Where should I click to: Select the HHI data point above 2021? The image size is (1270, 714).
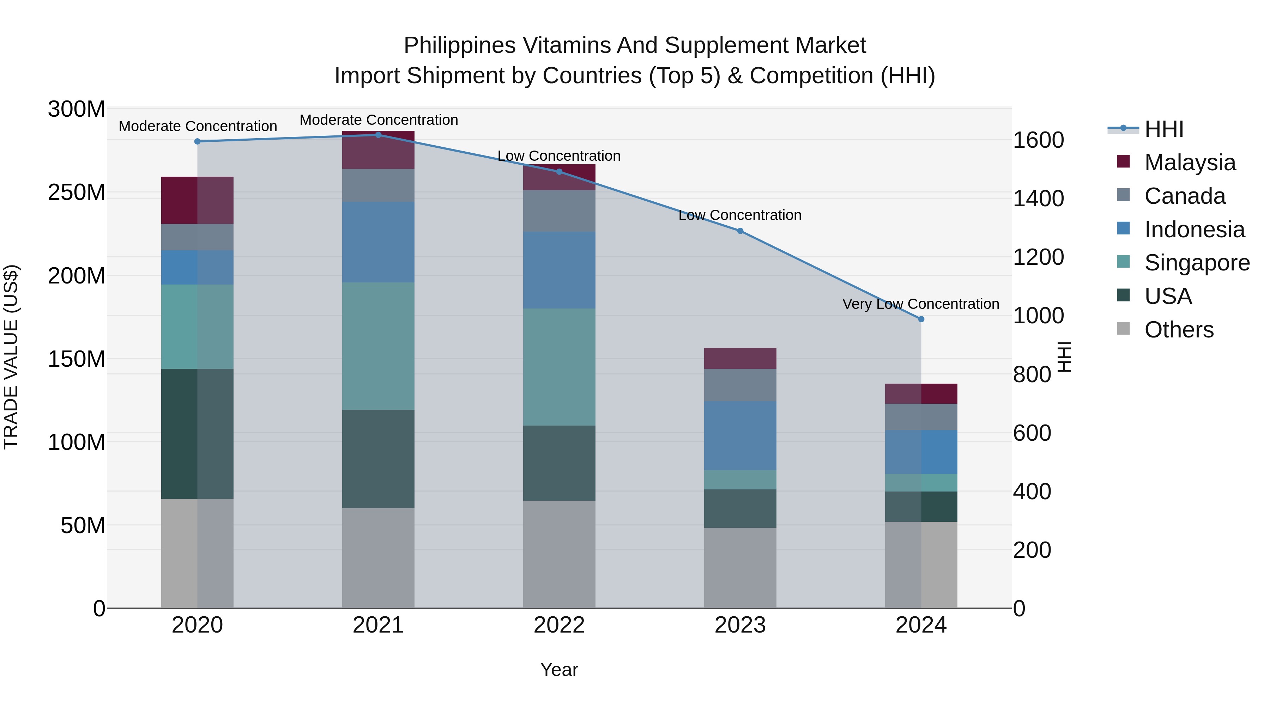[378, 135]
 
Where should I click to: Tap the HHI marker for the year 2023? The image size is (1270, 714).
[740, 231]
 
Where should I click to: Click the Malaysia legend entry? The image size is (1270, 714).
[1190, 163]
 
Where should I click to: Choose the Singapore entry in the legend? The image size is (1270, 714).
[1197, 263]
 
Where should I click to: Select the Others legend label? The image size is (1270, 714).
[1179, 330]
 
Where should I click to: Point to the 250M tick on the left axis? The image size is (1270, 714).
[77, 192]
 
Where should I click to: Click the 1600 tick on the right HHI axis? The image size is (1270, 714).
[1038, 140]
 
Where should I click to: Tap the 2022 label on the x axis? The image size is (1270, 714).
[559, 625]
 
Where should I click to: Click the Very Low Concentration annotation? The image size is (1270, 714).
[920, 304]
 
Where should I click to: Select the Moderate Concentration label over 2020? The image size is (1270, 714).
[198, 126]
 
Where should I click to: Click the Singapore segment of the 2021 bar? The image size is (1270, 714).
[378, 346]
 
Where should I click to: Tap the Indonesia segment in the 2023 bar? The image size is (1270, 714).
[740, 435]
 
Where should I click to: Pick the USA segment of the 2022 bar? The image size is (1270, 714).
[559, 463]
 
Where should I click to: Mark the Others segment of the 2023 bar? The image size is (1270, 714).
[740, 568]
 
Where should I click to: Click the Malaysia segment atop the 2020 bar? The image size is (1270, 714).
[197, 200]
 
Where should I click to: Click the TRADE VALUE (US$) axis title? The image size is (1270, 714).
[11, 357]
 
